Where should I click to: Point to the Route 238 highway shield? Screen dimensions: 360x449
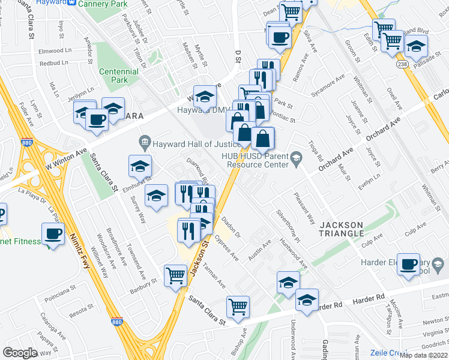[x=402, y=63]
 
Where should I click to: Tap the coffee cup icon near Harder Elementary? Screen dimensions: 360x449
[x=409, y=264]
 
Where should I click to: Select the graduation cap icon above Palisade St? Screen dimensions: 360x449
[x=416, y=46]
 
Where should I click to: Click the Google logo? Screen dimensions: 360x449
[x=19, y=352]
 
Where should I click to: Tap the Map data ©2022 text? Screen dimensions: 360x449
[x=424, y=355]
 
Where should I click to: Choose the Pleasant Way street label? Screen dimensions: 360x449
[x=304, y=208]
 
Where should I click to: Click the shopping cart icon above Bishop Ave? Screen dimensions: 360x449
[x=238, y=306]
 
